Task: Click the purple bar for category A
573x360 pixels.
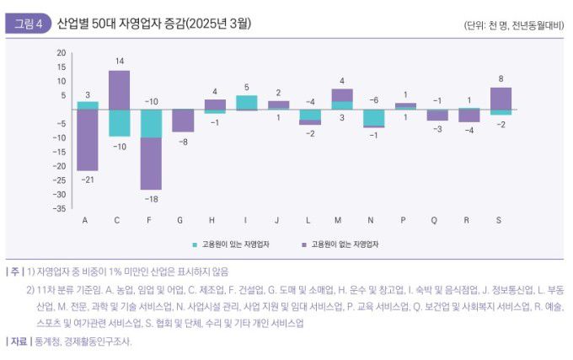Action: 88,140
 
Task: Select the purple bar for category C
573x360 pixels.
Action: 119,89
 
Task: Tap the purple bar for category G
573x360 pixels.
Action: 183,121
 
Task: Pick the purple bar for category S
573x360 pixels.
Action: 501,98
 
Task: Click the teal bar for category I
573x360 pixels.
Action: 246,102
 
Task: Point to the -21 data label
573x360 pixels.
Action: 88,180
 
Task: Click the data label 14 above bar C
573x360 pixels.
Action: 120,62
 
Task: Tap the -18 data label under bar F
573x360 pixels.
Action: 151,198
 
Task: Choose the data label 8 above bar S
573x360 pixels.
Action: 501,78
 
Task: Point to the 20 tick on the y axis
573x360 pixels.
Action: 61,52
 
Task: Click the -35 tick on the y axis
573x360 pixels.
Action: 61,208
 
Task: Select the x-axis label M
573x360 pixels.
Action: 337,220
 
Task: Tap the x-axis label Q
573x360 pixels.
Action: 434,220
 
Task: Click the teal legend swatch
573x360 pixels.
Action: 195,243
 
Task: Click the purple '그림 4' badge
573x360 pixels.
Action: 27,23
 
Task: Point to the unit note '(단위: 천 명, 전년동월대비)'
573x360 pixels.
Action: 513,24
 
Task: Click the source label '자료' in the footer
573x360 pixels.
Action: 19,341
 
